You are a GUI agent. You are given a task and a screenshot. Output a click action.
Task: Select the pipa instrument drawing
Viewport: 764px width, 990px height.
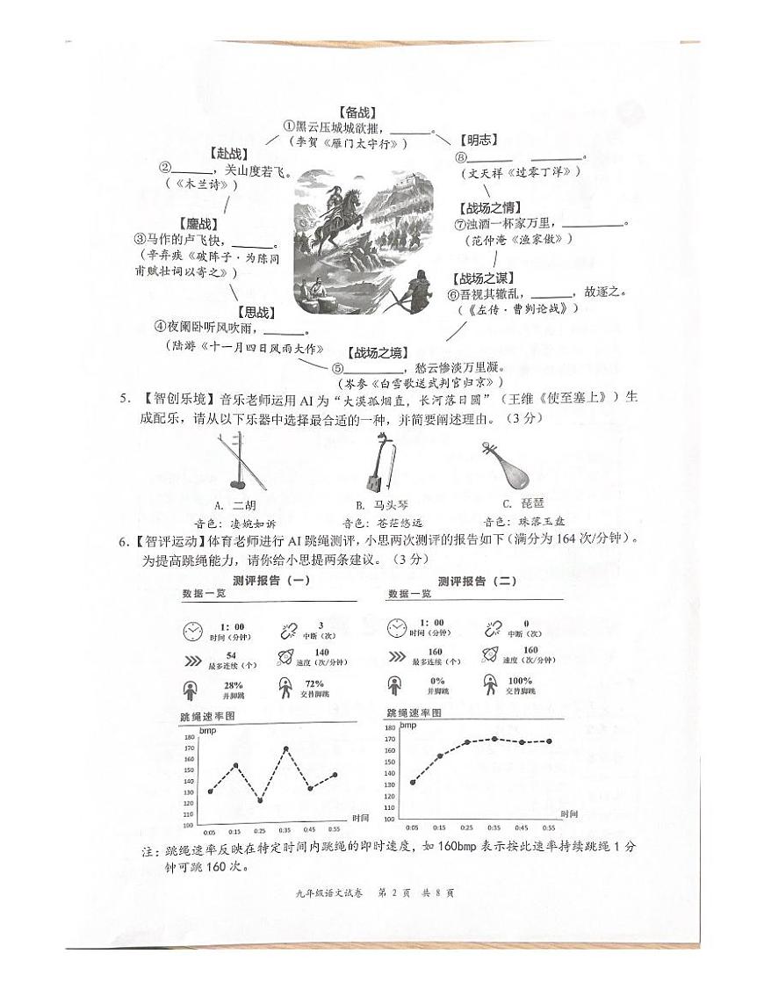pos(505,466)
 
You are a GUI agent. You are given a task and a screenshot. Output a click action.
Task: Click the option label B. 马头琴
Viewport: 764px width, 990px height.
pos(380,504)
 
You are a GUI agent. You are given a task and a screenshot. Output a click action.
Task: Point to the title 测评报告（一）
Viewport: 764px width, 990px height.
pos(272,581)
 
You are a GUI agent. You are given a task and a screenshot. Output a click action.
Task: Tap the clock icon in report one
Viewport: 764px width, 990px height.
pos(192,631)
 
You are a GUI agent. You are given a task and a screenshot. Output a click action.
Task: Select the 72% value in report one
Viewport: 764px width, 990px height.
pos(314,684)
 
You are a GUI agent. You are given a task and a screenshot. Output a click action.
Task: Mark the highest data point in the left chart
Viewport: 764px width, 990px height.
pos(286,748)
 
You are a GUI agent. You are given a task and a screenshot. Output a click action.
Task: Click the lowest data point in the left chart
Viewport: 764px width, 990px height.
pos(260,800)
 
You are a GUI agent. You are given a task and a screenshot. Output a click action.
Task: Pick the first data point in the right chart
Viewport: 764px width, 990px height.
pos(413,782)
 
